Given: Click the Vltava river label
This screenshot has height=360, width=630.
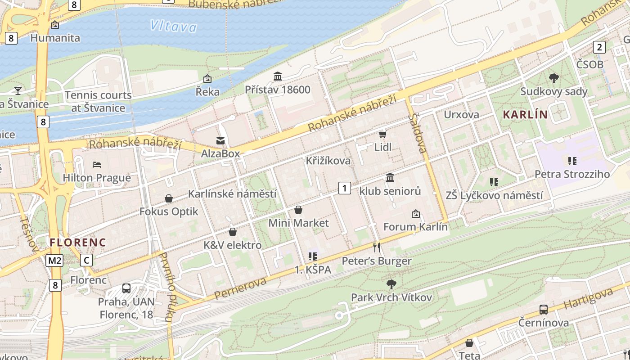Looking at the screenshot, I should (x=174, y=26).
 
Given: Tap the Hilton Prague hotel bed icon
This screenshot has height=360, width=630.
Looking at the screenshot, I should (x=97, y=165).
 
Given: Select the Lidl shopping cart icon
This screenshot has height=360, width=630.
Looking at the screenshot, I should (x=382, y=134).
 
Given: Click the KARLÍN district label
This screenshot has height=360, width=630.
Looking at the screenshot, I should (x=525, y=115).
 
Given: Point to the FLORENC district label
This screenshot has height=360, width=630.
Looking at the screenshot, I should (x=78, y=243).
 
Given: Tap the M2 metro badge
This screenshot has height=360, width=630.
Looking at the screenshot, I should (x=54, y=260).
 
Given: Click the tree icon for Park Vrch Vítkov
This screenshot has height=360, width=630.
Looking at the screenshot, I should (x=391, y=284).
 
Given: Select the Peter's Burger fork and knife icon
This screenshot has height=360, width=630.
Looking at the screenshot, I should (x=377, y=247).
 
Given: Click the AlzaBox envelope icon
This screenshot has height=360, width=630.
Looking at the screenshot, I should (x=220, y=141).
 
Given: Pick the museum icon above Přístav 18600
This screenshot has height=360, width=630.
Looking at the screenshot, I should (x=278, y=76).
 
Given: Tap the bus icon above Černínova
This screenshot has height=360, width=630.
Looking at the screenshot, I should (x=544, y=310).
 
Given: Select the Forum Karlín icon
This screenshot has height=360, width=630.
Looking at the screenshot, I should (x=415, y=214).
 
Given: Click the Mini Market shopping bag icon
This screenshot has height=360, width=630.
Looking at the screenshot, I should (x=298, y=210).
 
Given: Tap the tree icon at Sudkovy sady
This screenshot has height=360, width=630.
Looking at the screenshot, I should (x=554, y=78).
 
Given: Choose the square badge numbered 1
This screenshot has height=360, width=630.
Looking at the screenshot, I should (x=344, y=188).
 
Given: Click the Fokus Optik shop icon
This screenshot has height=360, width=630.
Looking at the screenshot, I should (x=169, y=198).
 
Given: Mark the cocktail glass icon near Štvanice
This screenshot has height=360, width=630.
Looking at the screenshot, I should (x=18, y=90).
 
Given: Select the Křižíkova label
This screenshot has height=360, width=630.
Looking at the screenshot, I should (x=328, y=161).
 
